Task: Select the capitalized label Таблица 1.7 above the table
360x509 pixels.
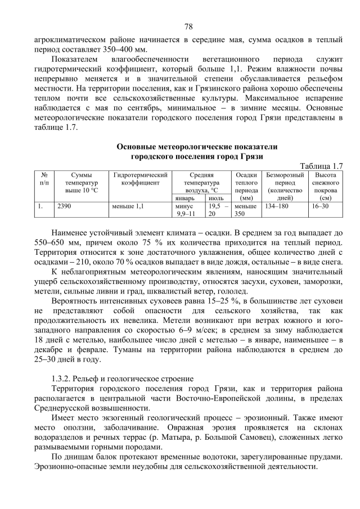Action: [x=321, y=166]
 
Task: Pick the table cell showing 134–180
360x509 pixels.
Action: [x=276, y=206]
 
